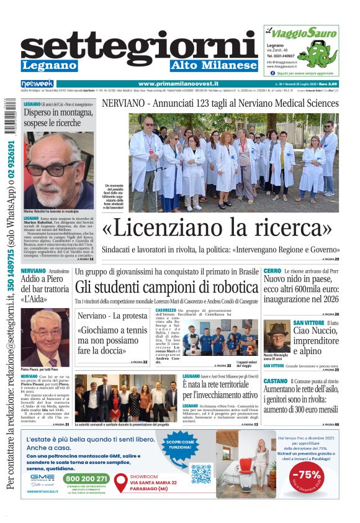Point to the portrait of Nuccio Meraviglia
point(276,335)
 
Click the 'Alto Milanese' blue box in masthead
point(214,65)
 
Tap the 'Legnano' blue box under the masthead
point(49,65)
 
